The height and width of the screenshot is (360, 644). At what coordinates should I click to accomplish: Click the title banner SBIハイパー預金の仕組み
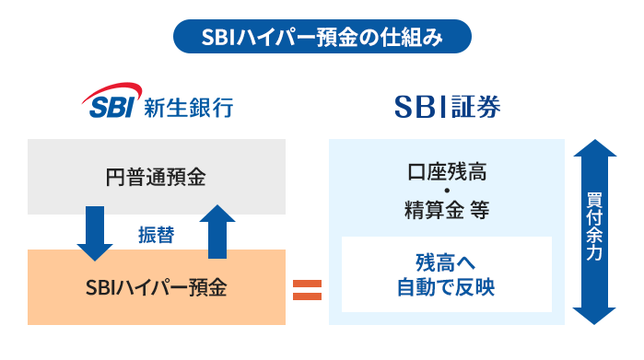322,38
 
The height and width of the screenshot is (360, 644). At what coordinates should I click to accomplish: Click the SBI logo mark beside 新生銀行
110,104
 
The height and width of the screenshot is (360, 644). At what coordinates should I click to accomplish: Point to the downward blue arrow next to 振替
95,232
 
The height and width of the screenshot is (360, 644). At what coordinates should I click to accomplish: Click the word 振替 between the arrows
156,234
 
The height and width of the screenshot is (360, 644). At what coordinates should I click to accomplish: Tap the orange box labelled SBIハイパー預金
156,287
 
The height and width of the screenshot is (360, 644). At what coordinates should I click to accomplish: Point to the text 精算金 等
447,210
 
